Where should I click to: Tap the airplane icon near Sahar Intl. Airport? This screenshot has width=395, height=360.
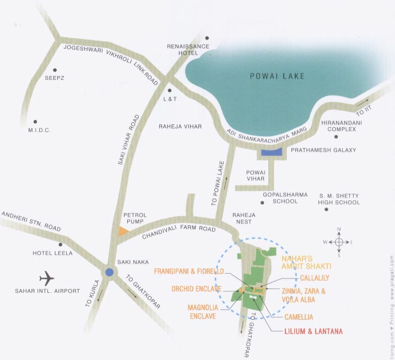click(x=47, y=276)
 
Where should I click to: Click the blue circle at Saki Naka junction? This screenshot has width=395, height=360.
click(x=110, y=272)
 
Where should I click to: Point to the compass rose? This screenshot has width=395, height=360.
click(x=339, y=242)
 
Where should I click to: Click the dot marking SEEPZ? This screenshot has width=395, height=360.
click(x=55, y=70)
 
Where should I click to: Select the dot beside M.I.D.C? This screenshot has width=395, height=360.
click(x=35, y=121)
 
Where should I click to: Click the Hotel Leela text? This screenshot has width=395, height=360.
click(x=51, y=254)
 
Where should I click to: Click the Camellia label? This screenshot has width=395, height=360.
click(x=299, y=317)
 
